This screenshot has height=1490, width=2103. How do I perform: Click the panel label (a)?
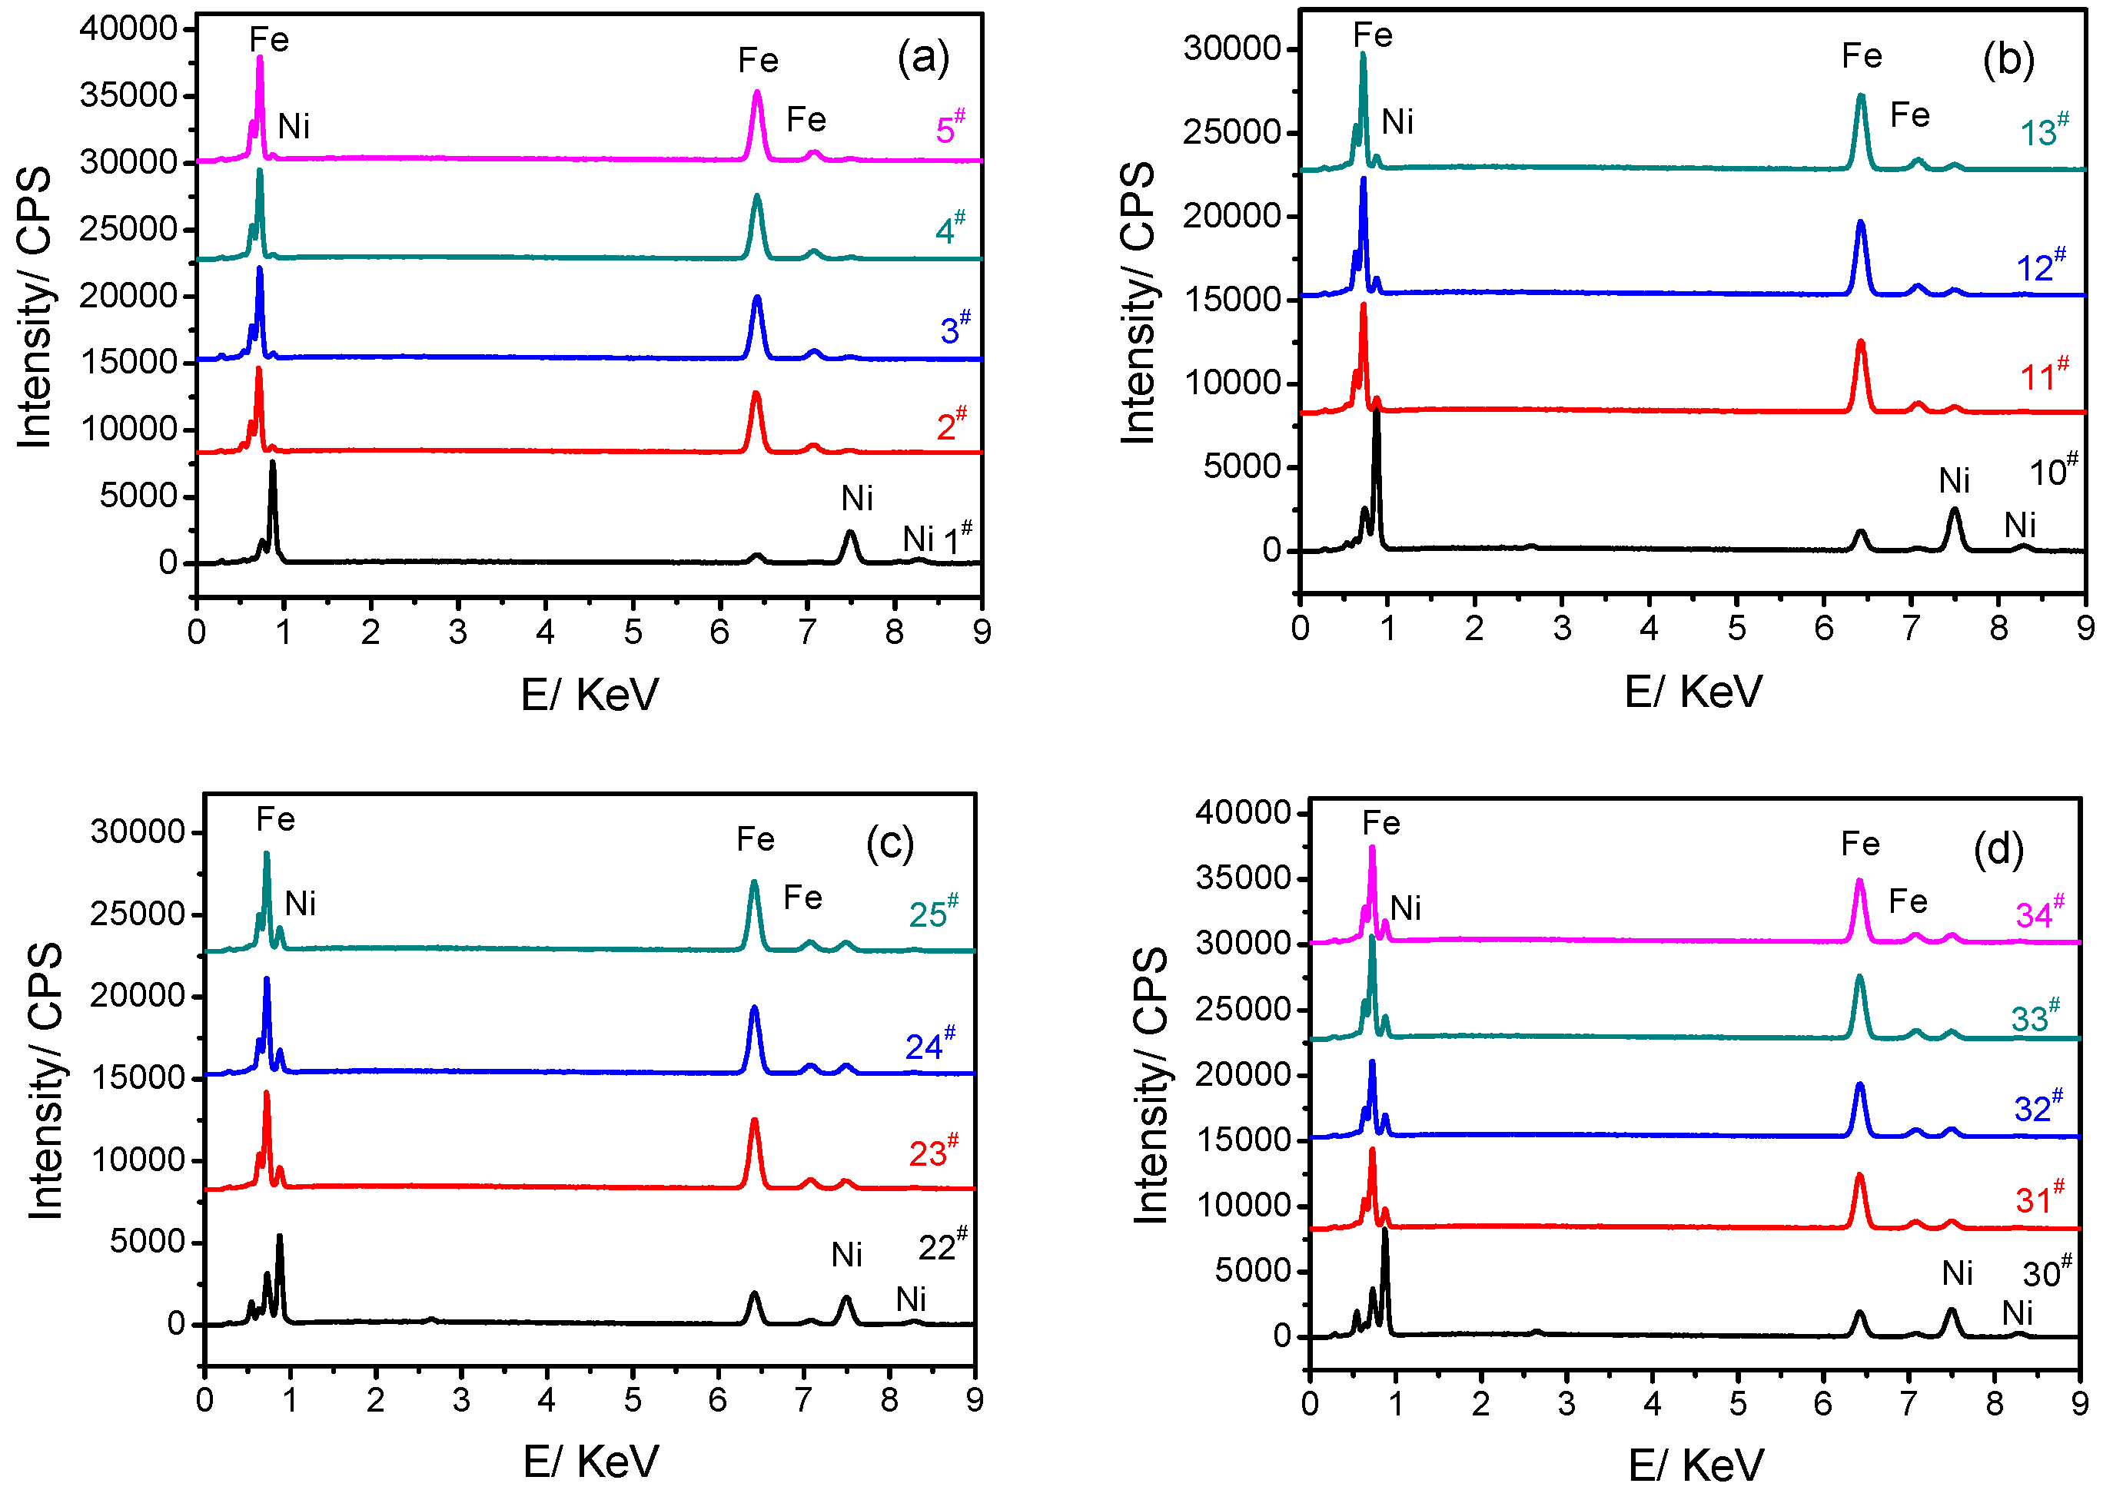pos(923,58)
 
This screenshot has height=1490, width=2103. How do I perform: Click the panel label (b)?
pos(2008,61)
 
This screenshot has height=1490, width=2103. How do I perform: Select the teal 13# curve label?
pos(2043,131)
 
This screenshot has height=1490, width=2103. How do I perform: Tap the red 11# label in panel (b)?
pos(2043,375)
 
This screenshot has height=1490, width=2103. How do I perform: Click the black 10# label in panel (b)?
pos(2052,472)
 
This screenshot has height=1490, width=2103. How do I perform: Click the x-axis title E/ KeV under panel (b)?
pos(1693,692)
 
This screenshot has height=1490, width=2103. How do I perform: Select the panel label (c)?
pos(889,843)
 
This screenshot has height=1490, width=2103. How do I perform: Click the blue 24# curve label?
pos(929,1045)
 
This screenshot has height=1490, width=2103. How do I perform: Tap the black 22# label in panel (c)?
pos(942,1246)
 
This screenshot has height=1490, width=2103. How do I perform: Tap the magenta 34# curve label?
pos(2038,913)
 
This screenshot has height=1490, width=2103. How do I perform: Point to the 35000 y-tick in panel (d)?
pos(1243,878)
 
